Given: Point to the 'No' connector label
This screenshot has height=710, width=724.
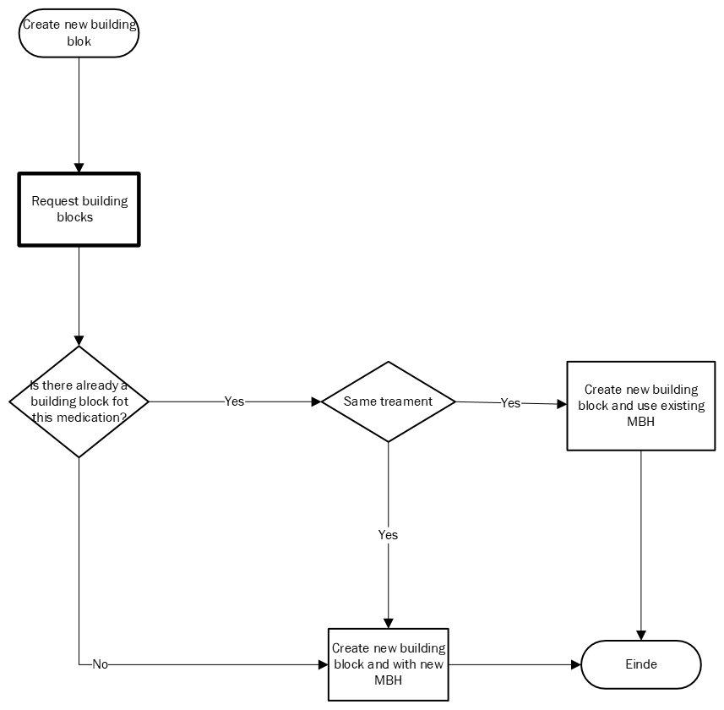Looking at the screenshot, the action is click(x=101, y=664).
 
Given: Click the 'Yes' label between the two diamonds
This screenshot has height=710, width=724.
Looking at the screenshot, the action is click(x=234, y=401).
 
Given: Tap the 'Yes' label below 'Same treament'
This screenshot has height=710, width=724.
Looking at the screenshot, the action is click(x=388, y=535).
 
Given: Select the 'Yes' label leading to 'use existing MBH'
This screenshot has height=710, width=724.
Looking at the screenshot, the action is click(x=510, y=403).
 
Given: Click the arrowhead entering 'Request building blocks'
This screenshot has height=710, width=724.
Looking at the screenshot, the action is click(x=79, y=167).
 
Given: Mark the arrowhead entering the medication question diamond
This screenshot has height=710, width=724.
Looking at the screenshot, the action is click(x=79, y=341).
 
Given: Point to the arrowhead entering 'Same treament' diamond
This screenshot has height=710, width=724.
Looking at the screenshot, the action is click(x=316, y=401).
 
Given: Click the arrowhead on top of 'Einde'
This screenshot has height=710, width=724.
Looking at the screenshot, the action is click(x=641, y=636).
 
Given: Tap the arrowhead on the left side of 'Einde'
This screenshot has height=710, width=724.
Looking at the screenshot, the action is click(x=576, y=664).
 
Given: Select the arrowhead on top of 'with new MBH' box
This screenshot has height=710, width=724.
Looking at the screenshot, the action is click(x=389, y=624).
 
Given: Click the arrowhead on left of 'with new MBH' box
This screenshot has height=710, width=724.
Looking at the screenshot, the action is click(x=324, y=664).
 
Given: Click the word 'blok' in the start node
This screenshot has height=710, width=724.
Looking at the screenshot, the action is click(x=79, y=41).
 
